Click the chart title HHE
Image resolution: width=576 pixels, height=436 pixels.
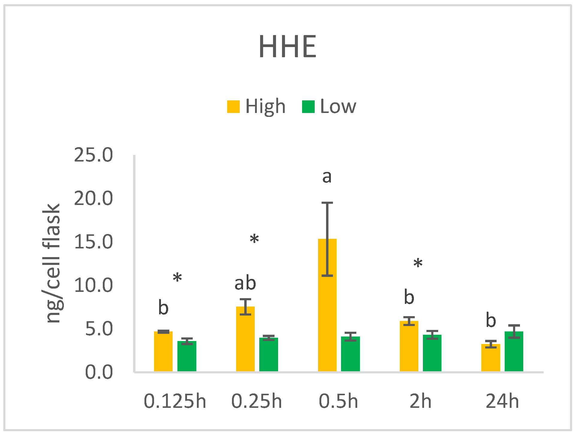click(x=288, y=46)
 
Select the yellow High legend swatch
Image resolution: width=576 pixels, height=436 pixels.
click(x=233, y=107)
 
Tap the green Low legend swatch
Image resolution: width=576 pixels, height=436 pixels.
click(x=308, y=107)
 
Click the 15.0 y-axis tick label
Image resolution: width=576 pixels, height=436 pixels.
click(x=94, y=242)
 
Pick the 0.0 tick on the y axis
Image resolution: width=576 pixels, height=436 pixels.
click(x=99, y=372)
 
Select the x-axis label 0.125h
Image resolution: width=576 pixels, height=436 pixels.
click(x=175, y=401)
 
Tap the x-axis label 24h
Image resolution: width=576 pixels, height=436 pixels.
click(x=502, y=401)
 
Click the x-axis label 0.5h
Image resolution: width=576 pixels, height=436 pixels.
click(x=339, y=401)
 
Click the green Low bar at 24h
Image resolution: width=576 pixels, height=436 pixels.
click(x=514, y=354)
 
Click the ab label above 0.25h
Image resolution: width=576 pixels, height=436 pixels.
click(x=245, y=283)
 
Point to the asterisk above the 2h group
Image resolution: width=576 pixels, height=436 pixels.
click(x=418, y=264)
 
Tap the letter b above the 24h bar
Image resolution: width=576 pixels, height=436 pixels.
click(x=491, y=320)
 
